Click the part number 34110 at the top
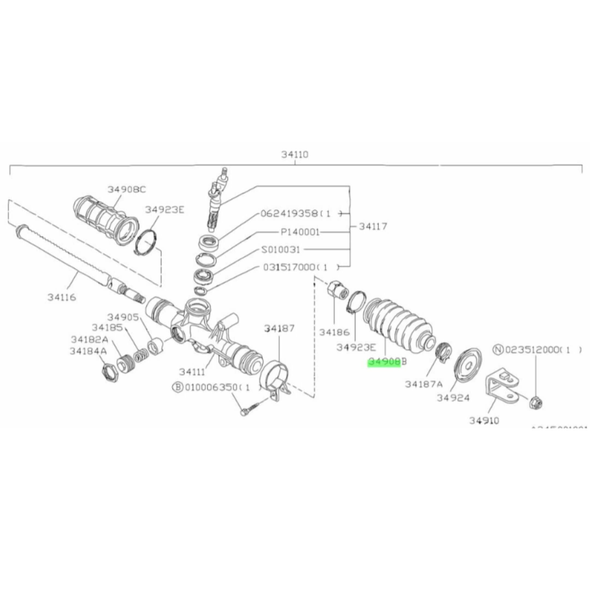coord(295,155)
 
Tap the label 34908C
coord(126,190)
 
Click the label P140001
coord(300,232)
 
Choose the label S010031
coord(281,250)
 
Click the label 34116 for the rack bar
coord(61,297)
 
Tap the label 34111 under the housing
coord(192,372)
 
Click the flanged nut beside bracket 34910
coord(536,404)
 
